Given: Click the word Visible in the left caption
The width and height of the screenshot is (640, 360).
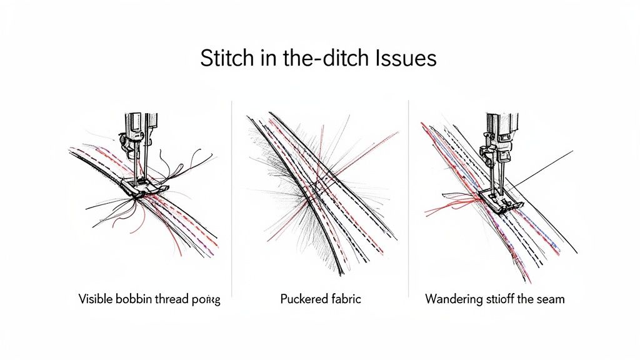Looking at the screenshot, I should [95, 299].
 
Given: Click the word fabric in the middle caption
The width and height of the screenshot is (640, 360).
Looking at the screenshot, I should [344, 299].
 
